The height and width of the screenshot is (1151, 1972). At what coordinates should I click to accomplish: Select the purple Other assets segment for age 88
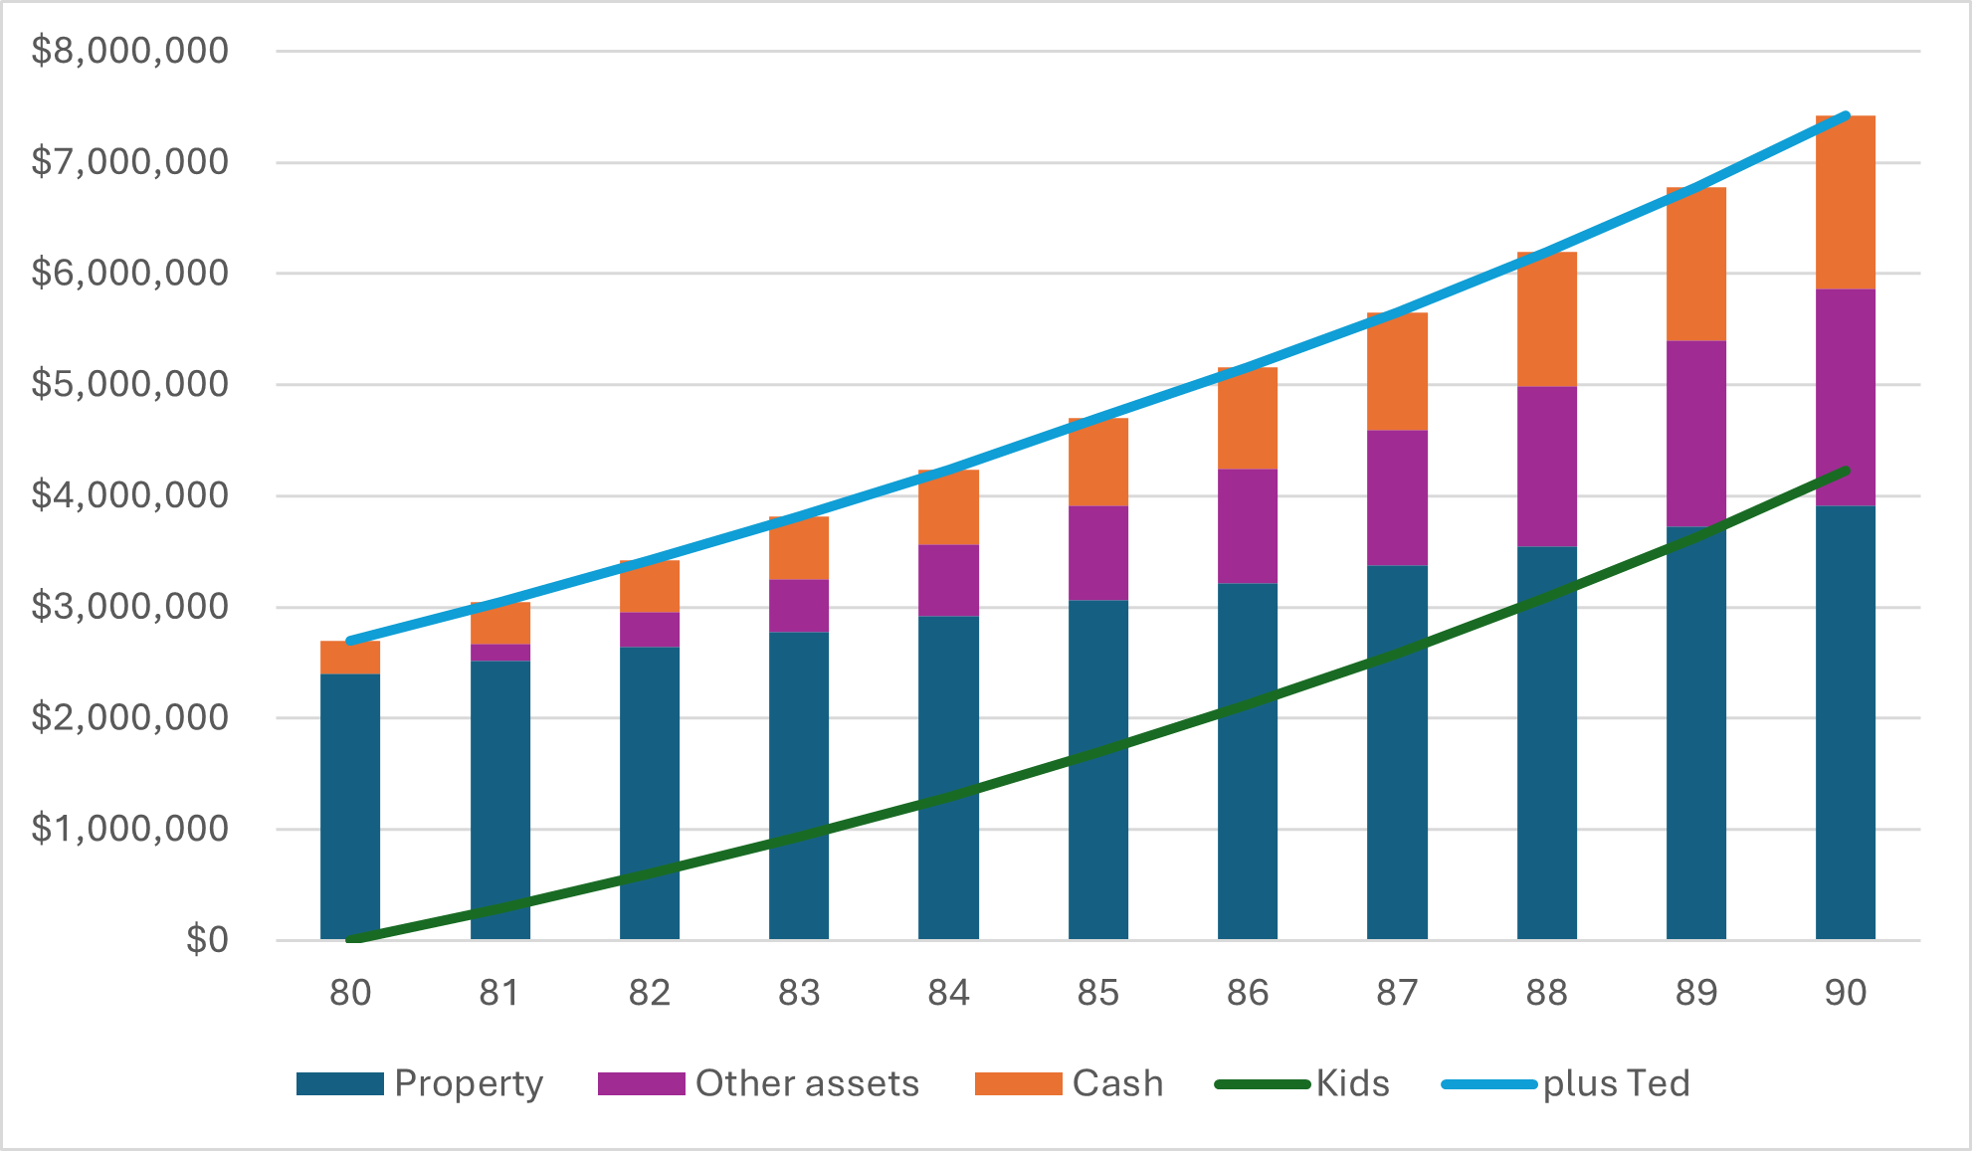click(1546, 466)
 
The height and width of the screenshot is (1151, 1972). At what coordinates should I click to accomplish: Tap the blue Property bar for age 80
click(350, 806)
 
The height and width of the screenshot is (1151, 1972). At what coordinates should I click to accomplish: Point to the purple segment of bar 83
click(798, 605)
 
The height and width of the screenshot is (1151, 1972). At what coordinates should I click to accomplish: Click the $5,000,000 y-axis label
click(129, 384)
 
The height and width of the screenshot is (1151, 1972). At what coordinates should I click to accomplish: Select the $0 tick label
click(207, 940)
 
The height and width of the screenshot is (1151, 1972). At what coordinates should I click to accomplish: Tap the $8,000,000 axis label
click(129, 51)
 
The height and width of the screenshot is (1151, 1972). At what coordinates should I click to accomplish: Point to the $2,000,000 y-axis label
click(129, 717)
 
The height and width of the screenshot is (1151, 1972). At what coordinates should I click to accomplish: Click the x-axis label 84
click(948, 993)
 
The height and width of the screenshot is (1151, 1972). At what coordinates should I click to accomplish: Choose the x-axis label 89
click(1695, 993)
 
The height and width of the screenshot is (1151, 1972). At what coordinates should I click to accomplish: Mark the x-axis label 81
click(499, 993)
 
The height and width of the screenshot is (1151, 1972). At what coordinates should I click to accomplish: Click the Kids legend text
click(1352, 1083)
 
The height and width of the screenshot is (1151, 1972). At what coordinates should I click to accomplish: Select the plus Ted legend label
click(1616, 1083)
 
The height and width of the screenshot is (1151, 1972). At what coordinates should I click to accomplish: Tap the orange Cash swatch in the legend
click(1018, 1083)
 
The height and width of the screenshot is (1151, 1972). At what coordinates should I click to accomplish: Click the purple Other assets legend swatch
click(641, 1083)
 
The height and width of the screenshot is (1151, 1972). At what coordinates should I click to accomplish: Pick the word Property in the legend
click(469, 1083)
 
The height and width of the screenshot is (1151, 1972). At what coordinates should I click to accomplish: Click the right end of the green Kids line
click(1846, 471)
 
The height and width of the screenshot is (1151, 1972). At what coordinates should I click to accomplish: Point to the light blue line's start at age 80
click(350, 642)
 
